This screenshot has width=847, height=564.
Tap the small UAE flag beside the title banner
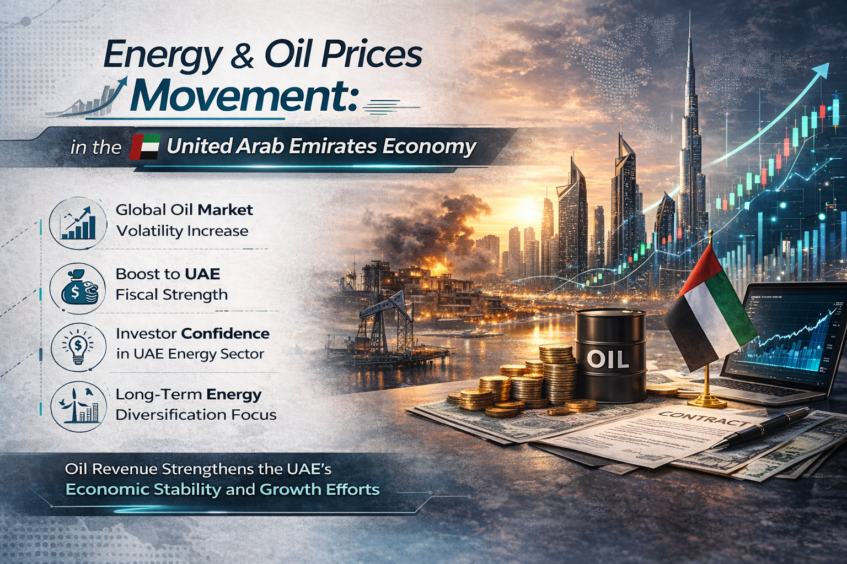click(144, 147)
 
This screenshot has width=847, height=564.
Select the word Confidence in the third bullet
click(225, 333)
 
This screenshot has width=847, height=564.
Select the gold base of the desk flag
click(706, 400)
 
